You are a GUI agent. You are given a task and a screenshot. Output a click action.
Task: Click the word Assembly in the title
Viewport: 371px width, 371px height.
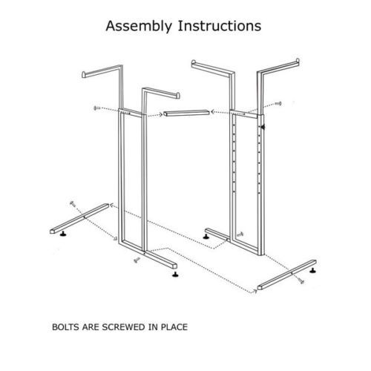click(x=139, y=26)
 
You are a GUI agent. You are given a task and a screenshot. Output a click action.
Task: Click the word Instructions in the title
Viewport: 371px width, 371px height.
click(x=220, y=26)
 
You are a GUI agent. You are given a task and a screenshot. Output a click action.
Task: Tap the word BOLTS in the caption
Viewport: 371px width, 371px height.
click(x=66, y=327)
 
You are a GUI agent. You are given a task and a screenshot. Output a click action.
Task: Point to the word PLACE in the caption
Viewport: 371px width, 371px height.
click(x=174, y=327)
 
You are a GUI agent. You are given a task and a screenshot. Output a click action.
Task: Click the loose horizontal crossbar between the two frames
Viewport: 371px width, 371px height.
click(x=187, y=114)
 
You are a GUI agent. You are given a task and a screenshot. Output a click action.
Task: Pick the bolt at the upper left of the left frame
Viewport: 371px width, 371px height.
click(x=96, y=108)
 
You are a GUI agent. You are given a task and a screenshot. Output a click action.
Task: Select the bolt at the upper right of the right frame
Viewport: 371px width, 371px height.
click(x=278, y=103)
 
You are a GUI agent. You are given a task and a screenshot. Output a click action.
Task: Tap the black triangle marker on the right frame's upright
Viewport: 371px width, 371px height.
click(x=263, y=127)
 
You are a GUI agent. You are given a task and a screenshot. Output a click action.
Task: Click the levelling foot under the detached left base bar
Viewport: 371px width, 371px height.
click(x=64, y=234)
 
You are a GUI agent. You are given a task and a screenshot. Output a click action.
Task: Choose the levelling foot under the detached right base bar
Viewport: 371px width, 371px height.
click(x=313, y=270)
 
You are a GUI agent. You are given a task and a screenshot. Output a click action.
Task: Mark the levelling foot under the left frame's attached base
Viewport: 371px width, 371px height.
click(x=175, y=274)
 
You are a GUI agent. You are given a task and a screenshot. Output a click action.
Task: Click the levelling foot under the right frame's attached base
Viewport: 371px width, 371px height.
click(x=206, y=237)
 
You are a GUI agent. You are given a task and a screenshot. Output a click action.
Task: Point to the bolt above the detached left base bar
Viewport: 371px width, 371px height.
click(x=73, y=203)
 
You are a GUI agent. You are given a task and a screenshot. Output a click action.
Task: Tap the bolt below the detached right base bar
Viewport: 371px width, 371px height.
click(x=301, y=280)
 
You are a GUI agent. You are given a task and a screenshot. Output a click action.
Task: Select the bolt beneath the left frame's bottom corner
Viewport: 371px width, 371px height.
click(x=137, y=260)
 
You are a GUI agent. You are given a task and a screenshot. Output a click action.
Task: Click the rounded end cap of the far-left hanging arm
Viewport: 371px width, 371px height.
click(x=84, y=75)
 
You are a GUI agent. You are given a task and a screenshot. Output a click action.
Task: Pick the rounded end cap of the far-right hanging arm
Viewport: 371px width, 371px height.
click(x=298, y=62)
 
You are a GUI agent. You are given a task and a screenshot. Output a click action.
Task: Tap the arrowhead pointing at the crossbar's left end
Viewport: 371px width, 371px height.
click(x=160, y=114)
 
